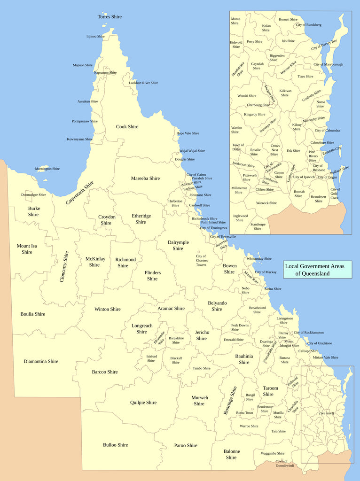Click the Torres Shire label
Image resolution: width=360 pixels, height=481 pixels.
(x=110, y=17)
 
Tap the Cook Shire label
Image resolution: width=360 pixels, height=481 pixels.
(x=127, y=127)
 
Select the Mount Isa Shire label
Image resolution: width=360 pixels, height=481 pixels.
(x=27, y=249)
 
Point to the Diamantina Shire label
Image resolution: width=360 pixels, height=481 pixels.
(x=41, y=362)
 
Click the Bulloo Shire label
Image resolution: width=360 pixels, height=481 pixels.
(x=115, y=445)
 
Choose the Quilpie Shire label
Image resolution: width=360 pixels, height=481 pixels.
(x=143, y=403)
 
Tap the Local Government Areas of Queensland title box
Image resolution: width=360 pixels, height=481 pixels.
(x=317, y=270)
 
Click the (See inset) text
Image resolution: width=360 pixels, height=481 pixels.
(x=326, y=413)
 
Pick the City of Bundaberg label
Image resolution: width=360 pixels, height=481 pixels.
(x=308, y=24)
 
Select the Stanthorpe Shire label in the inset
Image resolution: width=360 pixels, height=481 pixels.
(x=258, y=226)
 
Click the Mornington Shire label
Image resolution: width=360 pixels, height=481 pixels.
(x=47, y=169)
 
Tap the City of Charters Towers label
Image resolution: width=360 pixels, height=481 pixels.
(x=201, y=261)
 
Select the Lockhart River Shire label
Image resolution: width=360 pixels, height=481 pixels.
(x=143, y=83)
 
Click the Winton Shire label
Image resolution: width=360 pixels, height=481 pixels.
(x=107, y=309)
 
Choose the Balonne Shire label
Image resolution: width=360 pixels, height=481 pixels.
(x=231, y=454)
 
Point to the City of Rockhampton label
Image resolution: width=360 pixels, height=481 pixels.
(x=308, y=333)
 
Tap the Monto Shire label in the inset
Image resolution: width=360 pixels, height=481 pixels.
(x=235, y=21)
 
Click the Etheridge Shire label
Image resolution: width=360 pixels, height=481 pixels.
(x=141, y=219)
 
